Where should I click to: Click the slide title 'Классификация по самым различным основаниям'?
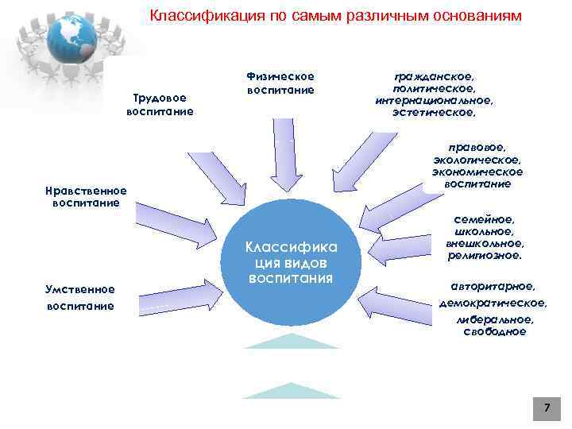(336, 16)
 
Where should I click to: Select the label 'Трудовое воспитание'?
(160, 105)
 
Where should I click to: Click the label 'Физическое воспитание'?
(280, 83)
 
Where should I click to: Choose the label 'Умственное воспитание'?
(79, 297)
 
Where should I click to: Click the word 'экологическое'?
(477, 160)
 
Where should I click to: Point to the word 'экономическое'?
(477, 172)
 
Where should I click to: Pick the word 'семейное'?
(484, 219)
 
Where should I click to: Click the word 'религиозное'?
(484, 256)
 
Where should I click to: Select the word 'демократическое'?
(493, 303)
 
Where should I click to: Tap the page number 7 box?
(546, 408)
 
